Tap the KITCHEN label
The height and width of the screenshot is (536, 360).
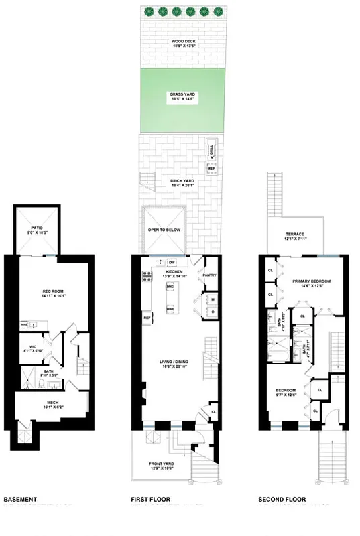pyautogui.click(x=174, y=273)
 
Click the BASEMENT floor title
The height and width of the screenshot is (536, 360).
pyautogui.click(x=20, y=500)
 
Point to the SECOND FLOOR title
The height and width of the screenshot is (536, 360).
pyautogui.click(x=282, y=500)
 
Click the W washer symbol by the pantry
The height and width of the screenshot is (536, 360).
pyautogui.click(x=212, y=299)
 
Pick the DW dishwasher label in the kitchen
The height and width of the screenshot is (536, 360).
pyautogui.click(x=172, y=262)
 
